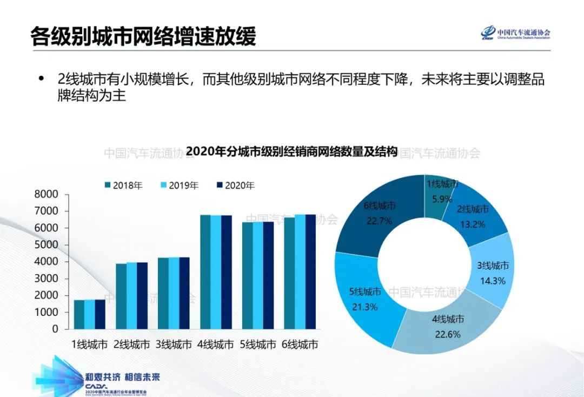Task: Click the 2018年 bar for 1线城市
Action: coord(79,314)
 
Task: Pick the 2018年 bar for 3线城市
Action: coord(163,293)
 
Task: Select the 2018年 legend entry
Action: coord(124,186)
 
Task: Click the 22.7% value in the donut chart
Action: coord(378,220)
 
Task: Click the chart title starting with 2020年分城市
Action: coord(292,152)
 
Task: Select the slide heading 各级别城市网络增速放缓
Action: coord(143,36)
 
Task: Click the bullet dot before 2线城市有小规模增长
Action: coord(41,79)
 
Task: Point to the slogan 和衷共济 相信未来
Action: coord(123,377)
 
